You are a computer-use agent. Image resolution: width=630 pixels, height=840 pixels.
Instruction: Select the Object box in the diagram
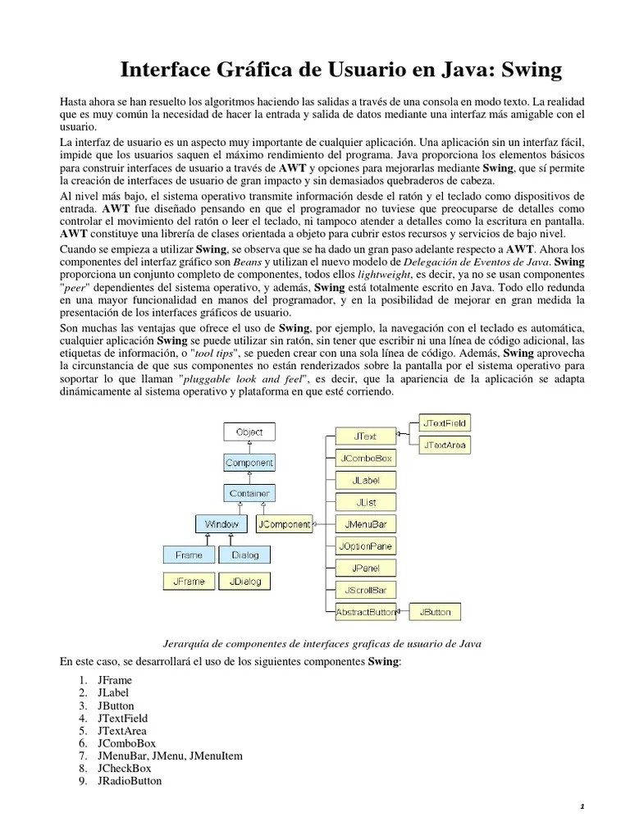(249, 431)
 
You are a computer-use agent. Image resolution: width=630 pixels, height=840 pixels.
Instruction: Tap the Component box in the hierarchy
(249, 463)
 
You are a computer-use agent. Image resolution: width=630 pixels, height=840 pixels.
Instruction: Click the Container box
(249, 493)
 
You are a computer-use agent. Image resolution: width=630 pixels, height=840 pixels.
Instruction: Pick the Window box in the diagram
(221, 523)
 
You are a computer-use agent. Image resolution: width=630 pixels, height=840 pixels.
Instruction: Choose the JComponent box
(284, 523)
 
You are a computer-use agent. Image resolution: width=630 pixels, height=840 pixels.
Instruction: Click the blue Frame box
(189, 555)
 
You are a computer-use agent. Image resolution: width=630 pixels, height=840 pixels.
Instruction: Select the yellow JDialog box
(244, 581)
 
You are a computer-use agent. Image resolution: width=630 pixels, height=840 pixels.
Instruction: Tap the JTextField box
(445, 423)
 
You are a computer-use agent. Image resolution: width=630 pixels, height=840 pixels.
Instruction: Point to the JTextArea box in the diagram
(445, 445)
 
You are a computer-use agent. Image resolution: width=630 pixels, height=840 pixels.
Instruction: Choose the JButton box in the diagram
(435, 611)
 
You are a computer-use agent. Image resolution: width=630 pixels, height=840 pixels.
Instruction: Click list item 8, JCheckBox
(123, 768)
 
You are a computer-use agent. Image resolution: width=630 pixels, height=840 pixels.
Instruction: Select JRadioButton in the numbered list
(129, 781)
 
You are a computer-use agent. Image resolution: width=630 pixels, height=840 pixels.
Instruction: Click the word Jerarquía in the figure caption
(180, 643)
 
